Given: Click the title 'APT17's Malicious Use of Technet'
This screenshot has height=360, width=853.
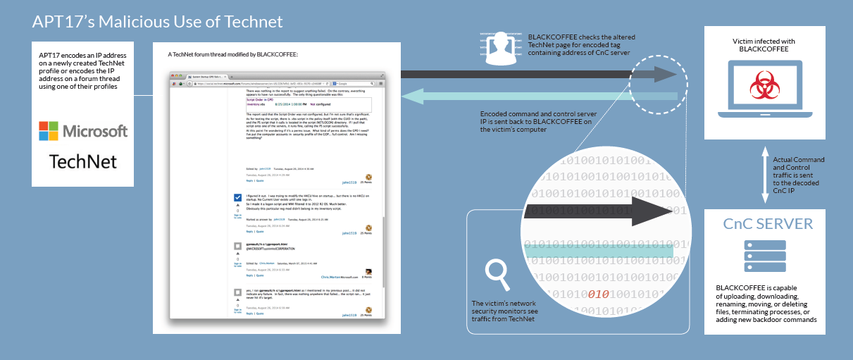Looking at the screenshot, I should tap(157, 22).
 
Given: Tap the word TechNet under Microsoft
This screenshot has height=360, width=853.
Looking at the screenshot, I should tap(83, 161).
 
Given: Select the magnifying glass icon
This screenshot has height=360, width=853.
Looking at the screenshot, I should tap(499, 274).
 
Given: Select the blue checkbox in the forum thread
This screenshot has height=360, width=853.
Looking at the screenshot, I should tap(237, 198).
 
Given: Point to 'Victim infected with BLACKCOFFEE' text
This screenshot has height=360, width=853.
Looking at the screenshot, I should tap(764, 46).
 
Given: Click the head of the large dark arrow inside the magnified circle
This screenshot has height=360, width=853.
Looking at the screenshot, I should tap(656, 211).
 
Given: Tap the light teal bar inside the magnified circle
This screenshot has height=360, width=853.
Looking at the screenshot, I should tap(599, 248).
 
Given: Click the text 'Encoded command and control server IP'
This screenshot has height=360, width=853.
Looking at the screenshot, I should tap(539, 121).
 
